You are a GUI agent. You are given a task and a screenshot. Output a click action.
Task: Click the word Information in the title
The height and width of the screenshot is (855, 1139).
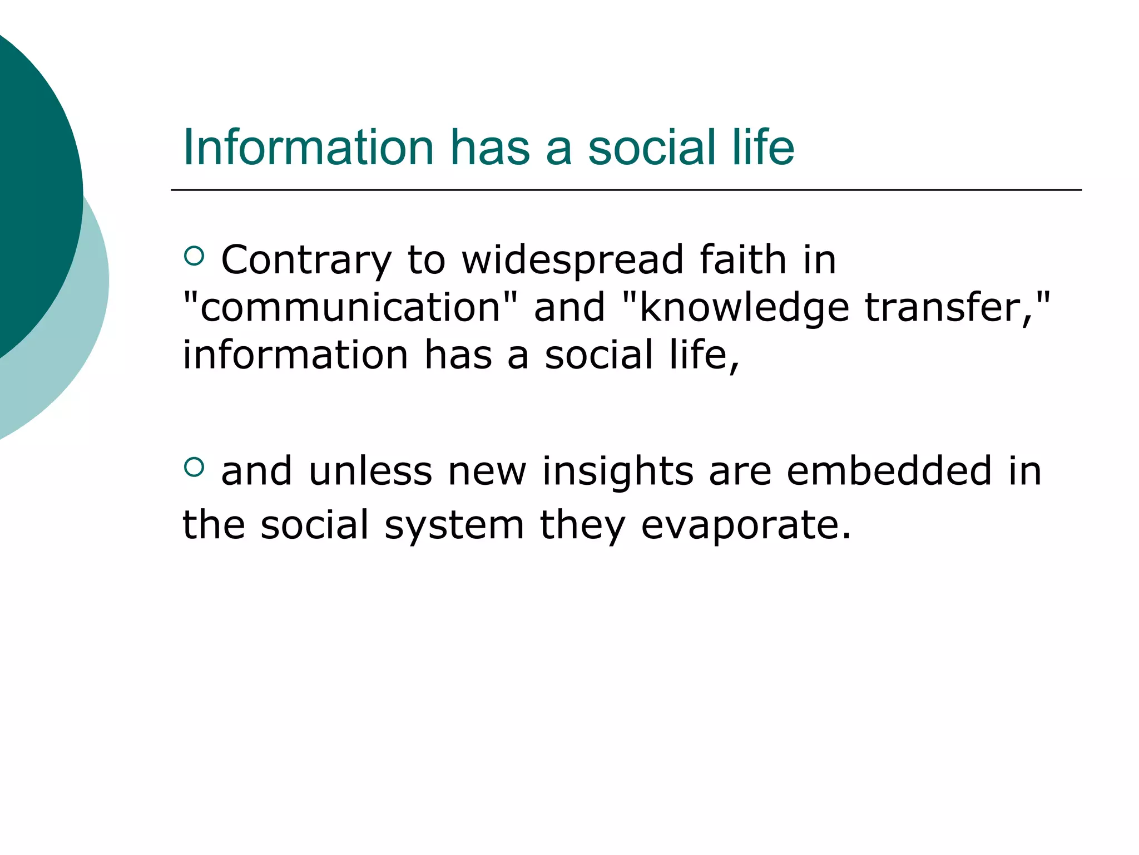(x=308, y=148)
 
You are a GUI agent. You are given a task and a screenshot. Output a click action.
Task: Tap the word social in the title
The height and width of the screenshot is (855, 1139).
(x=652, y=148)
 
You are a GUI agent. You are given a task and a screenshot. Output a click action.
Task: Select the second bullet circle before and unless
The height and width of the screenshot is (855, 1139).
(x=194, y=466)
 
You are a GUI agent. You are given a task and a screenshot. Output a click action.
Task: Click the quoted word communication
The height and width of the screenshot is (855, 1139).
(x=351, y=308)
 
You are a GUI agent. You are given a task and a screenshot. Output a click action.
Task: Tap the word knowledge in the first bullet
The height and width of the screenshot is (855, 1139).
(x=744, y=308)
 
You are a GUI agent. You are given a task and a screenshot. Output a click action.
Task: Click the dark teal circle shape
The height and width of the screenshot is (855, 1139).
(x=33, y=184)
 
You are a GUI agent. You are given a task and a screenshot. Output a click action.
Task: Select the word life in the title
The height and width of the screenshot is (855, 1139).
(x=763, y=148)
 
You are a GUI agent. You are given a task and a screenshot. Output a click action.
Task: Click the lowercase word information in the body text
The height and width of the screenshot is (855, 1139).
(x=295, y=355)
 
